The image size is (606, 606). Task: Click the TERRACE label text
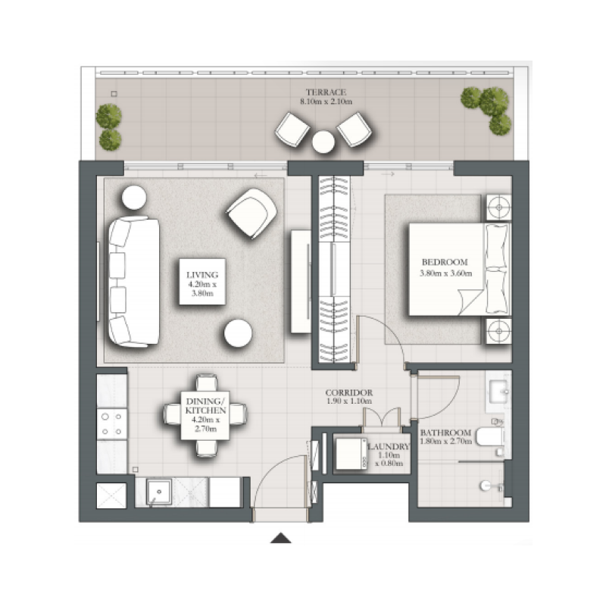click(x=326, y=95)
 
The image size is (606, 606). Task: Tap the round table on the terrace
click(x=324, y=142)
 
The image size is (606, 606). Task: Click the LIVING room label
click(x=202, y=281)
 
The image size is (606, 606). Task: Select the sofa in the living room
click(x=133, y=280)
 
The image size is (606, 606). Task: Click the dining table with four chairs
click(x=205, y=415)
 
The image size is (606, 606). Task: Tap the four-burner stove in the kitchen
click(x=112, y=424)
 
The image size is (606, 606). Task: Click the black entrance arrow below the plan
click(x=282, y=539)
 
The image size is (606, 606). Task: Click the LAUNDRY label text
click(x=389, y=448)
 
